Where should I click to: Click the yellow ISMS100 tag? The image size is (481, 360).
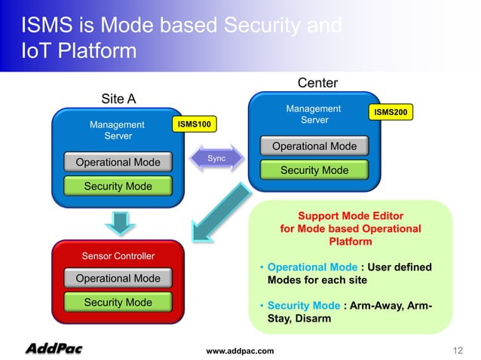195,123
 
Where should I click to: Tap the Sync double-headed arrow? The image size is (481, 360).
216,158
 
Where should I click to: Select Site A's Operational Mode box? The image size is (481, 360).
118,162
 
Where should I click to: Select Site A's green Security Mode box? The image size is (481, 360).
118,186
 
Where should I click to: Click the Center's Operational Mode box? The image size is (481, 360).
314,146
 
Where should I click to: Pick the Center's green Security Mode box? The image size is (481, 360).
314,170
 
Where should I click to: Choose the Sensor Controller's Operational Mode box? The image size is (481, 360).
118,279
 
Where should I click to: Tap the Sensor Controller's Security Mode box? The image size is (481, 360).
118,302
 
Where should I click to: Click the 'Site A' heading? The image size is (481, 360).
118,99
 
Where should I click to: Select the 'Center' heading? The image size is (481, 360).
317,82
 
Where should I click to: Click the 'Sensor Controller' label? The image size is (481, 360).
118,256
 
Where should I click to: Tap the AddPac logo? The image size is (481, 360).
54,349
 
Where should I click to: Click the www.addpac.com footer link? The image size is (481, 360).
240,351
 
